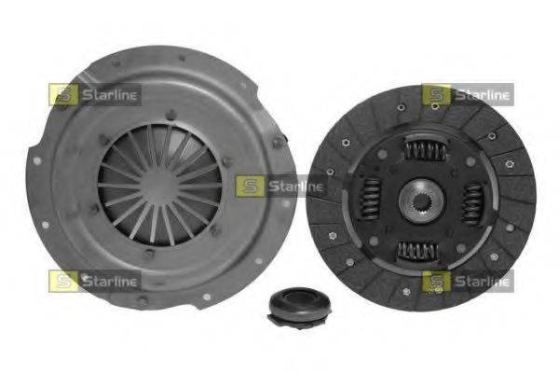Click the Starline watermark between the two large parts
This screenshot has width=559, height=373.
[293, 185]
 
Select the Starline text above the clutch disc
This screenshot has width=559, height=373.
[481, 94]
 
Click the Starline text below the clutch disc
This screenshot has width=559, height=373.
[481, 280]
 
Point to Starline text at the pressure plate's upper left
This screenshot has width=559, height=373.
[109, 93]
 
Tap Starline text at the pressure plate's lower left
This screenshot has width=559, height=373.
[109, 279]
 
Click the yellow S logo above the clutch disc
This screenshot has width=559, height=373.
[435, 94]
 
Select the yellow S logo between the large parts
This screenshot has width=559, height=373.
[248, 185]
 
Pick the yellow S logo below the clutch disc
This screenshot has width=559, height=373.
[435, 280]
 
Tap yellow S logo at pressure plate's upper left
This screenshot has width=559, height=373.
[63, 93]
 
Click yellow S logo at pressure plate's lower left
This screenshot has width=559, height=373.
[63, 279]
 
